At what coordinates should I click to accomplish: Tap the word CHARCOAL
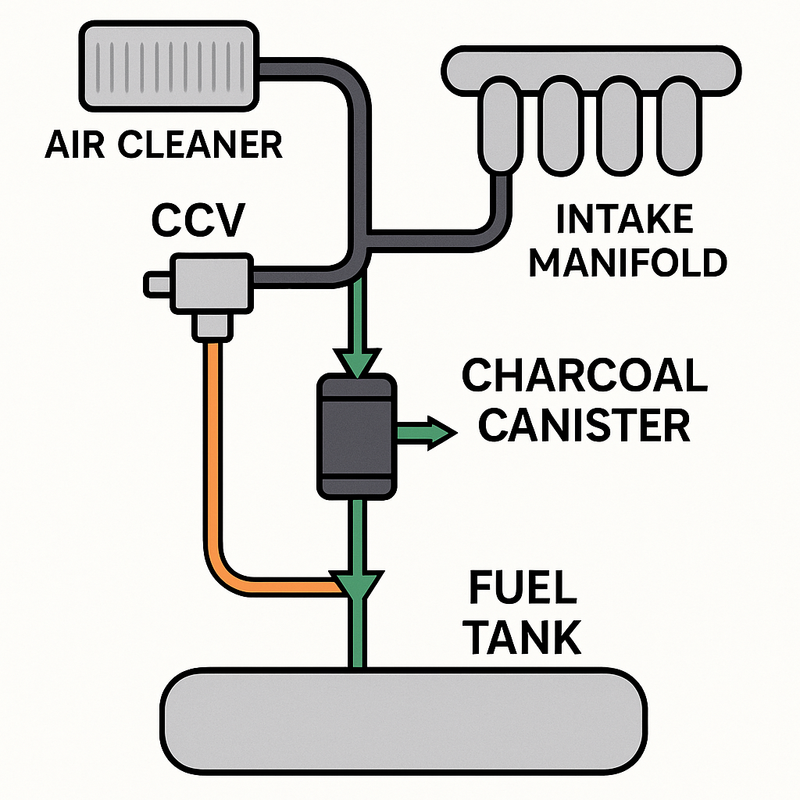pos(584,377)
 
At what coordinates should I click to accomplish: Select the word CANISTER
pos(584,426)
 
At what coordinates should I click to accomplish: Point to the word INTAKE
pos(623,220)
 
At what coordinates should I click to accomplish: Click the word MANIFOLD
pos(627,263)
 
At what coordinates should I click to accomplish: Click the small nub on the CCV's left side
pos(159,282)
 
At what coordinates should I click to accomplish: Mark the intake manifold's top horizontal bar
pos(591,69)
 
